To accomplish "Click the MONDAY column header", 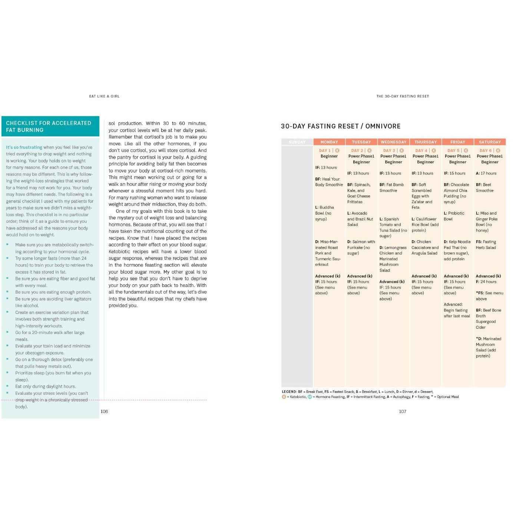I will pyautogui.click(x=329, y=142).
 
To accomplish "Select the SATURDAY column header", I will pyautogui.click(x=490, y=142).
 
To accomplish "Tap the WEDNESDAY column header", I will pyautogui.click(x=393, y=142).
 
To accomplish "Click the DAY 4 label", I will pyautogui.click(x=421, y=150).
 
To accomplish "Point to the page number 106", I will pyautogui.click(x=104, y=411).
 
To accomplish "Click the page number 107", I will pyautogui.click(x=403, y=411).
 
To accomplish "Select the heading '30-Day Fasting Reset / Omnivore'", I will pyautogui.click(x=341, y=126).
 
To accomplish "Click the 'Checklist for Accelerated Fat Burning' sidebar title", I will pyautogui.click(x=49, y=126).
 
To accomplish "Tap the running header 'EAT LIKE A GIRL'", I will pyautogui.click(x=104, y=96).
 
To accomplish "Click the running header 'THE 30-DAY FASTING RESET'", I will pyautogui.click(x=403, y=96).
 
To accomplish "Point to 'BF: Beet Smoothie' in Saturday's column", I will pyautogui.click(x=484, y=188).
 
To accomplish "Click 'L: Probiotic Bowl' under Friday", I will pyautogui.click(x=454, y=216).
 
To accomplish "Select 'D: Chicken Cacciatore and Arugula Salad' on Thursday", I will pyautogui.click(x=425, y=248).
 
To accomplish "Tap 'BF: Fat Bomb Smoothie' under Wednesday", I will pyautogui.click(x=391, y=188).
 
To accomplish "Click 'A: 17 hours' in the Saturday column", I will pyautogui.click(x=486, y=173).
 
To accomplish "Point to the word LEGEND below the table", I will pyautogui.click(x=289, y=391).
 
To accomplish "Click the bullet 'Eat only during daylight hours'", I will pyautogui.click(x=45, y=386).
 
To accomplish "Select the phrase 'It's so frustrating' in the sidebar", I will pyautogui.click(x=24, y=147).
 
